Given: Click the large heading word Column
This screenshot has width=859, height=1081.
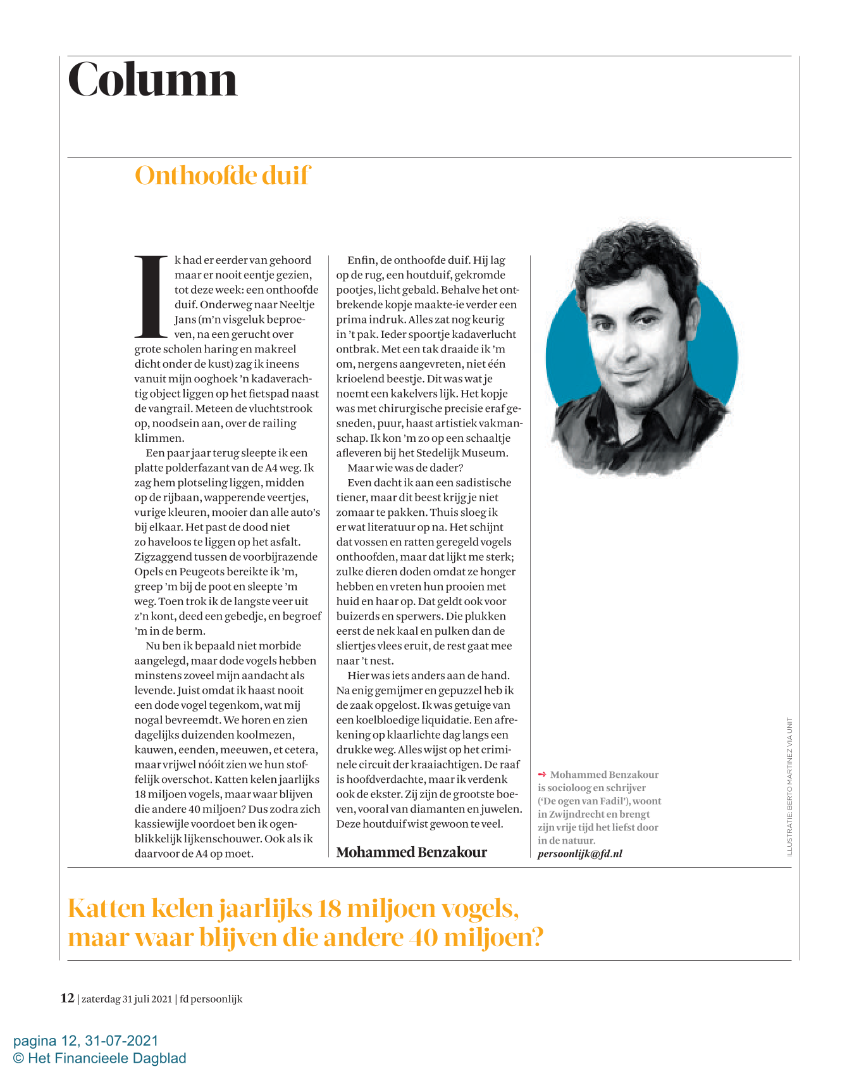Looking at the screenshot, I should point(152,80).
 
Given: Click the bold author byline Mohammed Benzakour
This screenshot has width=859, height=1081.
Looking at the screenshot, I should point(411,852).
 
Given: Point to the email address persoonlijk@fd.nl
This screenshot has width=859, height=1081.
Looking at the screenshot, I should point(579,854).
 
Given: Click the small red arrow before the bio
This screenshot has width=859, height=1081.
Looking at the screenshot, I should point(541,774).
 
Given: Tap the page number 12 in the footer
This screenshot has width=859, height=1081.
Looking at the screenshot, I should point(67,998).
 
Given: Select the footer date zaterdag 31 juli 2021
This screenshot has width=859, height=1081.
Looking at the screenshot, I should point(127,999).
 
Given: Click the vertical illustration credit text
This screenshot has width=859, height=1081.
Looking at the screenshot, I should point(789,786).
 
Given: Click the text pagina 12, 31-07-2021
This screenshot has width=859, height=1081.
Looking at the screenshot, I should point(86,1040).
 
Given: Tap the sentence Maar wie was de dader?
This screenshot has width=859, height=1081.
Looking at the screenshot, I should point(405,468).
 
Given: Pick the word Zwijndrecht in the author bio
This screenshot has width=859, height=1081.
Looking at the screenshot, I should point(582,815).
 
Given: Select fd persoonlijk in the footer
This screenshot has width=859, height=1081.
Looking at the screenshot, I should point(211,999).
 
